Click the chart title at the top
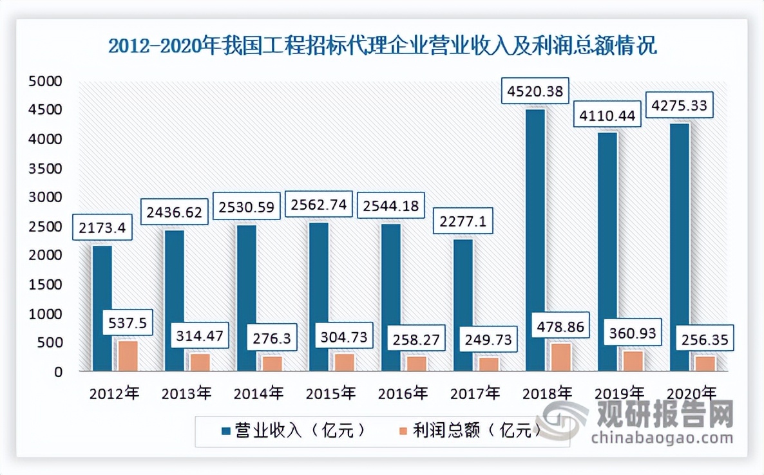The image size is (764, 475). pos(382,46)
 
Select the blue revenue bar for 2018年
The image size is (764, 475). pos(535,240)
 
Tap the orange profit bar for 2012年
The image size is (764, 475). pos(127,356)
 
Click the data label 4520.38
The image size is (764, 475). pos(536,91)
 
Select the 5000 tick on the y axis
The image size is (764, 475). pos(44,81)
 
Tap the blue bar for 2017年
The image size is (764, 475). pos(463,305)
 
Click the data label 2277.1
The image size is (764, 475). pos(463,222)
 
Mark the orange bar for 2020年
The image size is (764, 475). pos(705,364)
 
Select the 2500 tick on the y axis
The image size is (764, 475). pos(44,227)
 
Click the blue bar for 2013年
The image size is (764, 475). pos(174,301)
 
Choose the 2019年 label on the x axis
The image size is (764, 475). pos(619,392)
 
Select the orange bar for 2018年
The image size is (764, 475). pos(560,357)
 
